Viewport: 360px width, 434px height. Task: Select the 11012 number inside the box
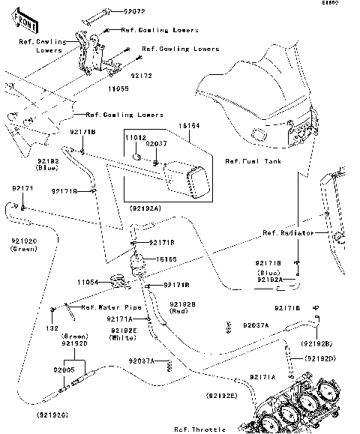[136, 139]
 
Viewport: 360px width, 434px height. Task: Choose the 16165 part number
[166, 259]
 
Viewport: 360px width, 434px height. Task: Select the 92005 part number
[65, 370]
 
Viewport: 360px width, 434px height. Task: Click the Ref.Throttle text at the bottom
[199, 430]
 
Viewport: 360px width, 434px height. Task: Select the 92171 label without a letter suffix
[22, 188]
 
